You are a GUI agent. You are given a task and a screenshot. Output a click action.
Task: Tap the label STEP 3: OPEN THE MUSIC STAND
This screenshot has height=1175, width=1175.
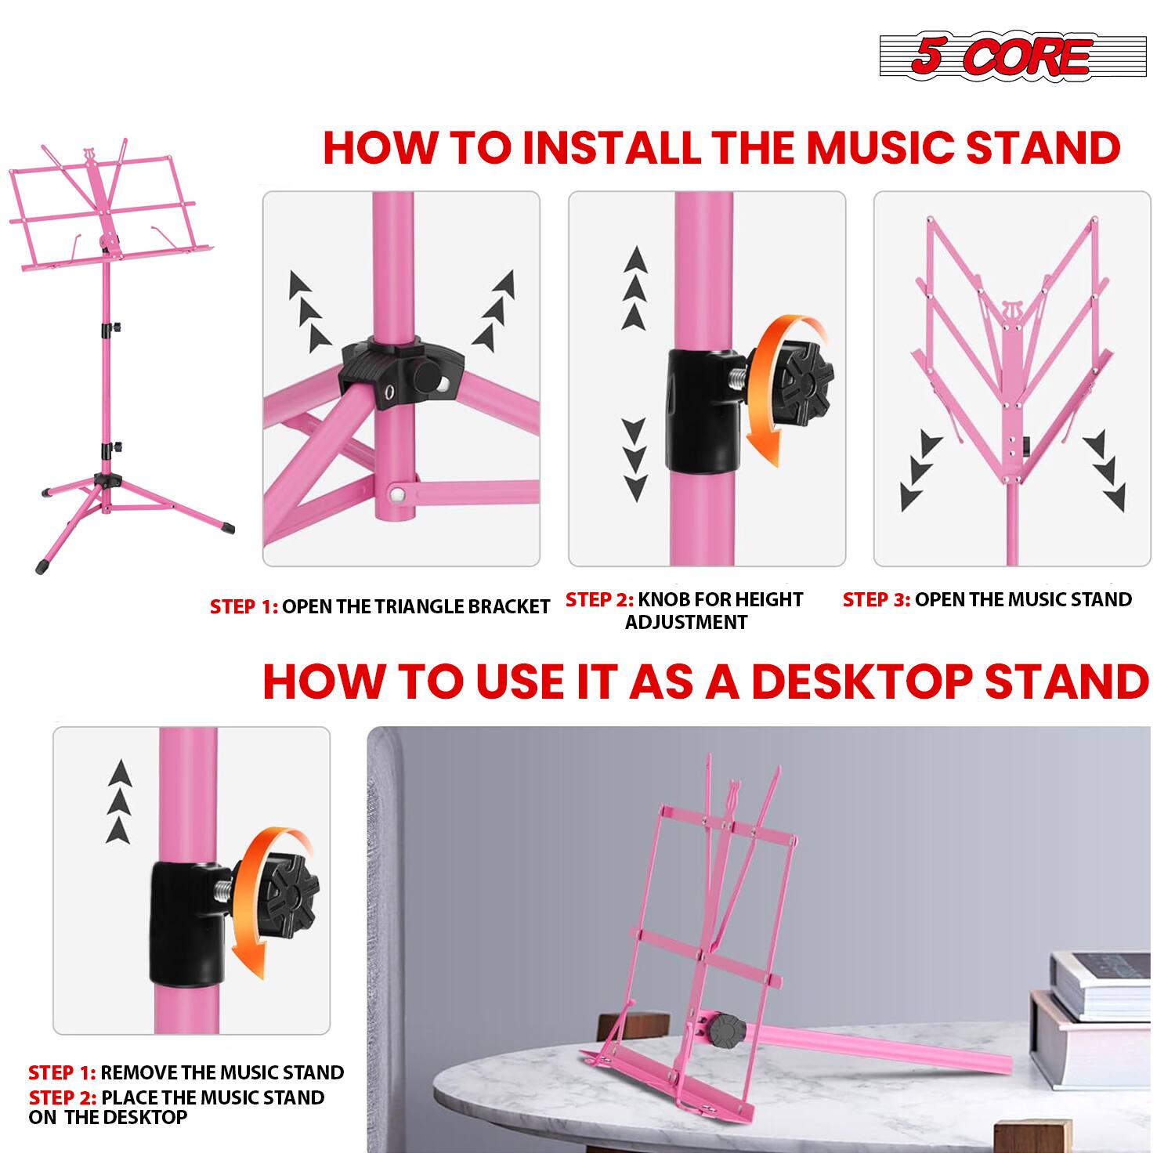pos(987,599)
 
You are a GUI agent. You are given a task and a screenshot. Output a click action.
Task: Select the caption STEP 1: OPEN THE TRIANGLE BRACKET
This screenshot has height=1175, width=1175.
pos(380,606)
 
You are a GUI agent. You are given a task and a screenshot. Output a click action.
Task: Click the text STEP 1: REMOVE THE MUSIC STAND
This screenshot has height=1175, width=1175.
pos(186,1072)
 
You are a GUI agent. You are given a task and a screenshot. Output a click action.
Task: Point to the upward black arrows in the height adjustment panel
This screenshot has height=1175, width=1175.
pos(635,290)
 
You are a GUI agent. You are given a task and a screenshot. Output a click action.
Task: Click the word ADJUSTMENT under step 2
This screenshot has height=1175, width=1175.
pos(686,623)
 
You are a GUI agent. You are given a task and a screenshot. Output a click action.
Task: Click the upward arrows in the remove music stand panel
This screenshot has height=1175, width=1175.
pos(119,801)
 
